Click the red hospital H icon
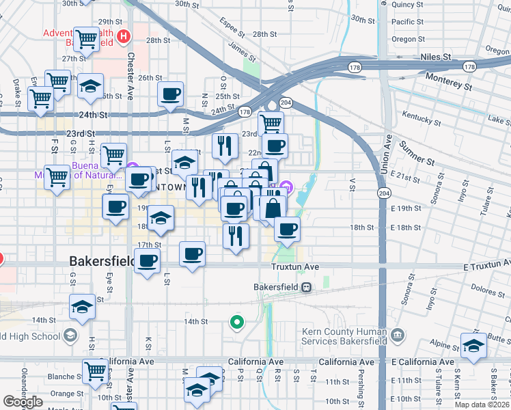pos(124,36)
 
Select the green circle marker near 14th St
pos(237,320)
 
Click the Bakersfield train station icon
pos(307,287)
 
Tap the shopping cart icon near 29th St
pos(86,40)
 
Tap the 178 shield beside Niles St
pos(468,66)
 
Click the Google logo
pos(23,401)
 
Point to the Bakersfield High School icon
pos(70,336)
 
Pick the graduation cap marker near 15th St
pos(83,307)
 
